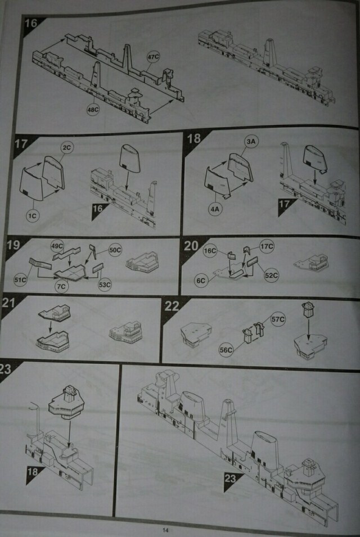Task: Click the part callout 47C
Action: click(x=153, y=56)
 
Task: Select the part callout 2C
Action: click(x=67, y=148)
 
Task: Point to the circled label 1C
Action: click(x=33, y=215)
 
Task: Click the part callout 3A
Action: click(x=252, y=142)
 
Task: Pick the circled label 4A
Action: click(x=215, y=209)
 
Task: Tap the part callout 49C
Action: click(x=57, y=246)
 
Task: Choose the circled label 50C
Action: click(x=115, y=250)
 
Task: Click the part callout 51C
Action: click(x=20, y=280)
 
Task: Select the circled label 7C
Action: click(x=61, y=286)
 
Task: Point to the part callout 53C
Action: click(x=105, y=285)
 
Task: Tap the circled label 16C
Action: click(x=210, y=251)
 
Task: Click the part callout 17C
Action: click(x=267, y=246)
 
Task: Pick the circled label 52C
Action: click(x=271, y=276)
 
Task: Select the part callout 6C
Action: click(x=201, y=281)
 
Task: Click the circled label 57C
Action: click(x=278, y=319)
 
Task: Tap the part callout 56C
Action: click(x=226, y=350)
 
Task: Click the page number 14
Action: click(x=165, y=530)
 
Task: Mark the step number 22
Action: click(x=172, y=306)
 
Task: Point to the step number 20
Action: click(x=191, y=246)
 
